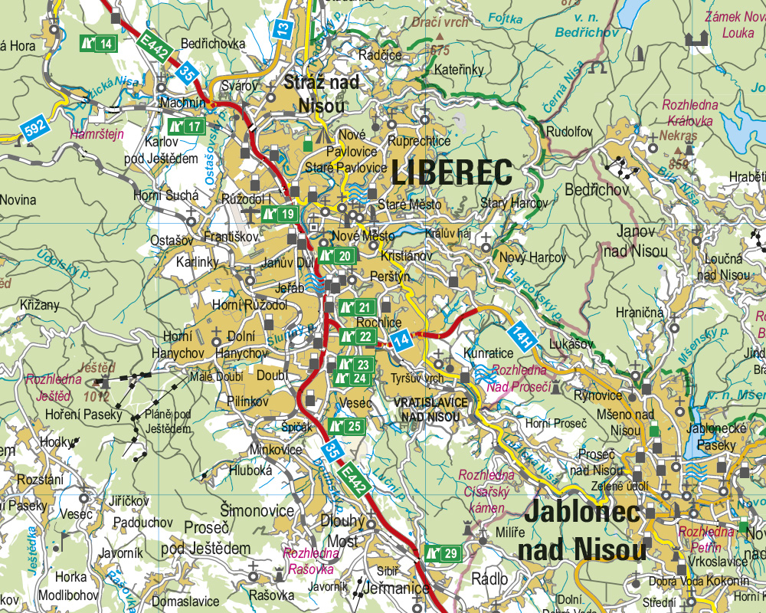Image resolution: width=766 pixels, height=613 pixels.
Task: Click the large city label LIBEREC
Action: click(451, 172)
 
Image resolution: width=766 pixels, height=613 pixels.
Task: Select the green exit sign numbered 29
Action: click(443, 553)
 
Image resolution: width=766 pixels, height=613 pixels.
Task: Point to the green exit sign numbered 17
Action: click(187, 126)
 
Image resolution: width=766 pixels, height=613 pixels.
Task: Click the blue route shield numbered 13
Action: click(284, 29)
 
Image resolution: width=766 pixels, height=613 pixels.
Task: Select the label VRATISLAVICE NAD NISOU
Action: click(430, 409)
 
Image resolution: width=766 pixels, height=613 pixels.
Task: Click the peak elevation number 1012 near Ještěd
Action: click(98, 396)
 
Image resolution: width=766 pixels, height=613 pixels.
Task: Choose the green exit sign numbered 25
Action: click(345, 427)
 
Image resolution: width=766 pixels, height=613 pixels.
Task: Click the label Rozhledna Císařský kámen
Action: click(483, 492)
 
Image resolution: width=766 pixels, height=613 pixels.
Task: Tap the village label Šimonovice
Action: click(257, 511)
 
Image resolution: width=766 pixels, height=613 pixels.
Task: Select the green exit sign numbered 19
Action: click(279, 215)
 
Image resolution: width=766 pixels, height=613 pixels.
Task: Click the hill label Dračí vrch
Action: click(440, 23)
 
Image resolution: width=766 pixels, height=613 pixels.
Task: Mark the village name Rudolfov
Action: click(570, 132)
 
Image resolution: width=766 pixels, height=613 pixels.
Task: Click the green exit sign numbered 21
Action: click(356, 308)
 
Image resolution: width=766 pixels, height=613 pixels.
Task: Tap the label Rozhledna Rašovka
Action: click(311, 560)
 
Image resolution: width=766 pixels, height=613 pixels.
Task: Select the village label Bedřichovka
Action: click(213, 44)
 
